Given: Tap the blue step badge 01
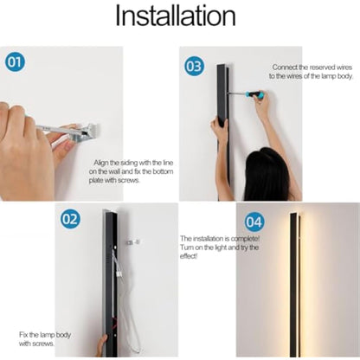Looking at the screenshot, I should click(16, 62).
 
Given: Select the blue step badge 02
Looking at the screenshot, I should click(70, 219).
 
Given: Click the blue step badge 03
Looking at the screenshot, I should click(195, 66).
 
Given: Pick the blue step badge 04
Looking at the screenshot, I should click(254, 221).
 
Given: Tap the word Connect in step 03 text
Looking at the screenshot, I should click(286, 67).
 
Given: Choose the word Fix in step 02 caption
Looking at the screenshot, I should click(23, 334).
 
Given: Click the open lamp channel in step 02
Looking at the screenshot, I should click(110, 277).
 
